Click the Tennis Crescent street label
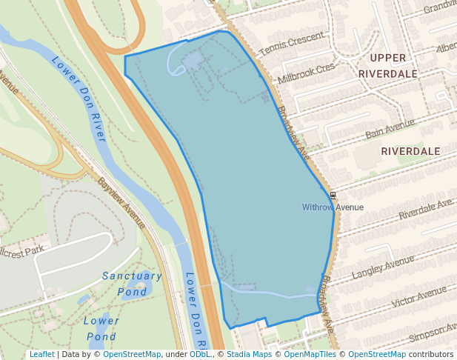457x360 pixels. pyautogui.click(x=292, y=44)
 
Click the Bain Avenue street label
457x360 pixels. pyautogui.click(x=390, y=130)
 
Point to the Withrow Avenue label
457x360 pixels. pyautogui.click(x=333, y=207)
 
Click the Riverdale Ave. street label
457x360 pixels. pyautogui.click(x=425, y=209)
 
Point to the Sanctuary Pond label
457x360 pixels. pyautogui.click(x=132, y=283)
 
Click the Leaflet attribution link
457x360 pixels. pyautogui.click(x=41, y=354)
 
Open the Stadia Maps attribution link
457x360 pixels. pyautogui.click(x=249, y=354)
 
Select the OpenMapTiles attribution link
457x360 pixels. pyautogui.click(x=310, y=354)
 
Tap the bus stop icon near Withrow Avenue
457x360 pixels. pyautogui.click(x=333, y=196)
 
